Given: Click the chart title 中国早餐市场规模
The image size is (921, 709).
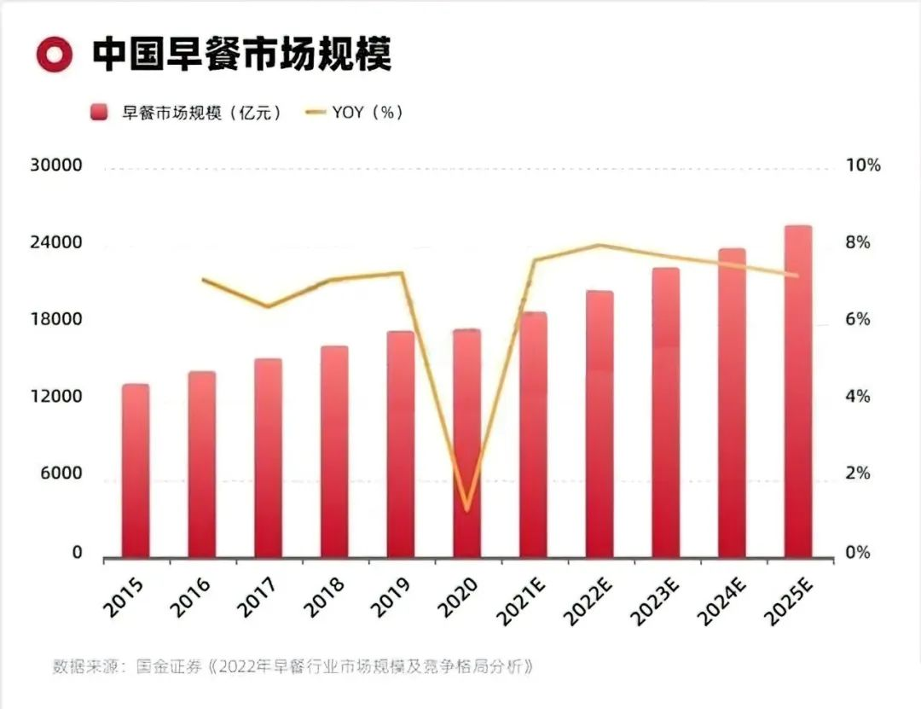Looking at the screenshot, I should point(240,54).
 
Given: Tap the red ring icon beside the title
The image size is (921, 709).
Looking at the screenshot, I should point(55,54).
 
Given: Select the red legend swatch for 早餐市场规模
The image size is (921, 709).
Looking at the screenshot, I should point(100,113).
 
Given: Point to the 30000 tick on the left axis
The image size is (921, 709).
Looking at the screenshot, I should point(55,166).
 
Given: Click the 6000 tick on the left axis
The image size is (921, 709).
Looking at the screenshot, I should point(61,474).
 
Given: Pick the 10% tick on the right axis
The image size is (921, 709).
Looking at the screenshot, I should point(862,166).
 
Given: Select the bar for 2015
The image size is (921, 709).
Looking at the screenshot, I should point(136,472).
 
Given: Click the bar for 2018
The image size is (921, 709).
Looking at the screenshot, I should point(334,452).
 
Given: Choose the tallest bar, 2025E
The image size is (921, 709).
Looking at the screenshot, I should point(798,392).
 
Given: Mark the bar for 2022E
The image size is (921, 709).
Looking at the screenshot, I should point(600,425).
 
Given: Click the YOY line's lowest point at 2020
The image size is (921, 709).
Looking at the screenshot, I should point(466,510).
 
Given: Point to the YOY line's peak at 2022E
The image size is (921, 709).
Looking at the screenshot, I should point(600,245).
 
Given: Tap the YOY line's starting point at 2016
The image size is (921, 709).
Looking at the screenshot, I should point(203,280).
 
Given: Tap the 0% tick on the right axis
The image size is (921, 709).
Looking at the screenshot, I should point(857,553).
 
